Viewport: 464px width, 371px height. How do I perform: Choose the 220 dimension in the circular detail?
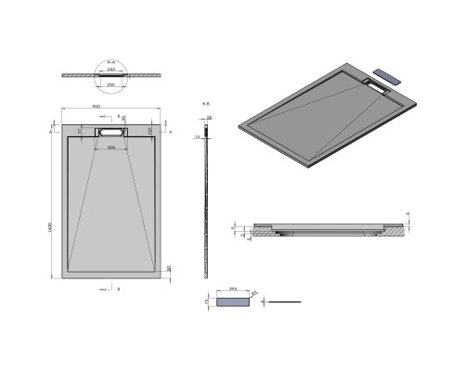[x=112, y=83]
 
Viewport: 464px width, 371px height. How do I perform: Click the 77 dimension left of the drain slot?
[x=81, y=133]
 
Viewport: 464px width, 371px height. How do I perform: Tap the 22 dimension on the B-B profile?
[x=210, y=118]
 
